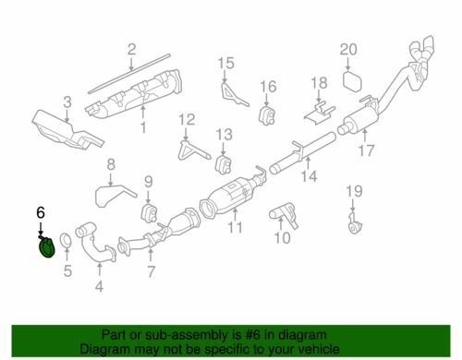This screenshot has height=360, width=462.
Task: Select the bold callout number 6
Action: coord(41,212)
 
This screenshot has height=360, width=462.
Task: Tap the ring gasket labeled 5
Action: coord(66,241)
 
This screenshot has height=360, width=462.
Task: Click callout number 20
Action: coord(348,50)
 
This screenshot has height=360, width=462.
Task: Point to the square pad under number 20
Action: coord(352,80)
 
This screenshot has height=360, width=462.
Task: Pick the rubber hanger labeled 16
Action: coord(267,115)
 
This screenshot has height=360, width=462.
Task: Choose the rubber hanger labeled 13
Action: coord(224,164)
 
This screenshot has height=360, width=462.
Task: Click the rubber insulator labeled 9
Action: coord(150,211)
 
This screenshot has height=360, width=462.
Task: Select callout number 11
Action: coord(235,227)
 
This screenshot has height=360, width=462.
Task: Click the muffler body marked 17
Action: coord(359,119)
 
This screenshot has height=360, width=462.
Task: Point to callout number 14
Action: coord(309,176)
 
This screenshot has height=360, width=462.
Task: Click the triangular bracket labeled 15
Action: coord(233,94)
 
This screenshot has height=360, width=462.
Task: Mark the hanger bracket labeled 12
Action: coord(193,150)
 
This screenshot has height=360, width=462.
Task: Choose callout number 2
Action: coord(131,49)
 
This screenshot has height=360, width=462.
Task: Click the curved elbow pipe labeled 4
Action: coord(94,247)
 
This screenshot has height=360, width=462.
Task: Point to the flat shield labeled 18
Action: coord(320,114)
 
